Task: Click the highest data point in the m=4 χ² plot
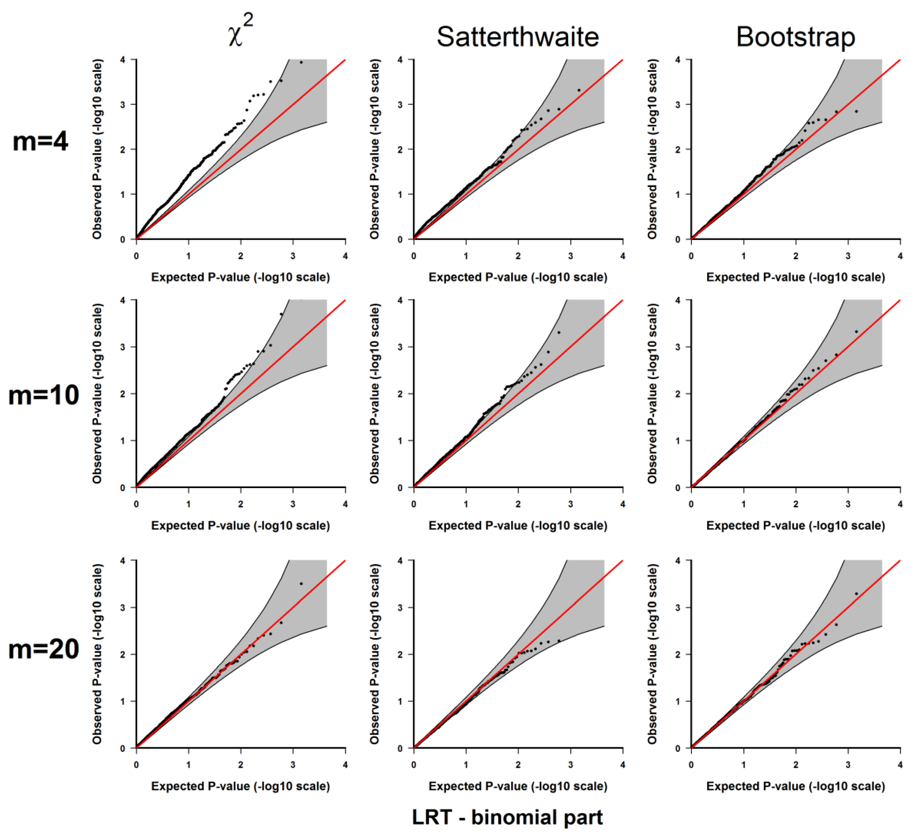(301, 62)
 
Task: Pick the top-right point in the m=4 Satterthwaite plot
(578, 90)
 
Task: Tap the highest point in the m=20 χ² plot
(301, 584)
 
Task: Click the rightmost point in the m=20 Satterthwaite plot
(559, 641)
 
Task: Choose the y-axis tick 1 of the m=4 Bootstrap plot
(678, 194)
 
